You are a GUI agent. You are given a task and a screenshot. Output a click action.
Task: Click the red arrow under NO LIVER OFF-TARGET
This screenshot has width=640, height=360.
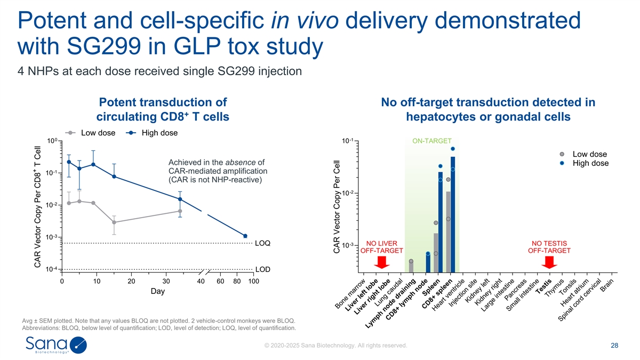(x=381, y=262)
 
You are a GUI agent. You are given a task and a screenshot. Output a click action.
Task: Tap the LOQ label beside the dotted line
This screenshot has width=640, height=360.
(x=262, y=243)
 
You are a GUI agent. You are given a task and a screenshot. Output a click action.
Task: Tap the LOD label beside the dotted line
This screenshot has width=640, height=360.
(x=262, y=269)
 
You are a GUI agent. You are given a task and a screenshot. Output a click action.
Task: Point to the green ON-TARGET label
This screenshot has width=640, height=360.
(x=431, y=141)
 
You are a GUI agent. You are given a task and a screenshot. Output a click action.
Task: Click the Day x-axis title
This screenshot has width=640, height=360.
(x=158, y=292)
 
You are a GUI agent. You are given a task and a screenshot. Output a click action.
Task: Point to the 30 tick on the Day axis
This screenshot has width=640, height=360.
(x=166, y=281)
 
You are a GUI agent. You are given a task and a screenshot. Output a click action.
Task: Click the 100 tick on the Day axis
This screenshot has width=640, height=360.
(x=253, y=281)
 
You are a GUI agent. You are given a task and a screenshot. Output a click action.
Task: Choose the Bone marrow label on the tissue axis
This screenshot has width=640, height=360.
(x=350, y=294)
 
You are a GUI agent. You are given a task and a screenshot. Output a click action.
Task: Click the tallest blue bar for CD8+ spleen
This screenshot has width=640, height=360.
(x=453, y=213)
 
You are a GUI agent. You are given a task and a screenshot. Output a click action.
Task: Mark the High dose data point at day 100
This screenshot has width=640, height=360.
(x=245, y=236)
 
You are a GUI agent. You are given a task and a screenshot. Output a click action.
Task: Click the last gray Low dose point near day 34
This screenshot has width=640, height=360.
(x=180, y=211)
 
